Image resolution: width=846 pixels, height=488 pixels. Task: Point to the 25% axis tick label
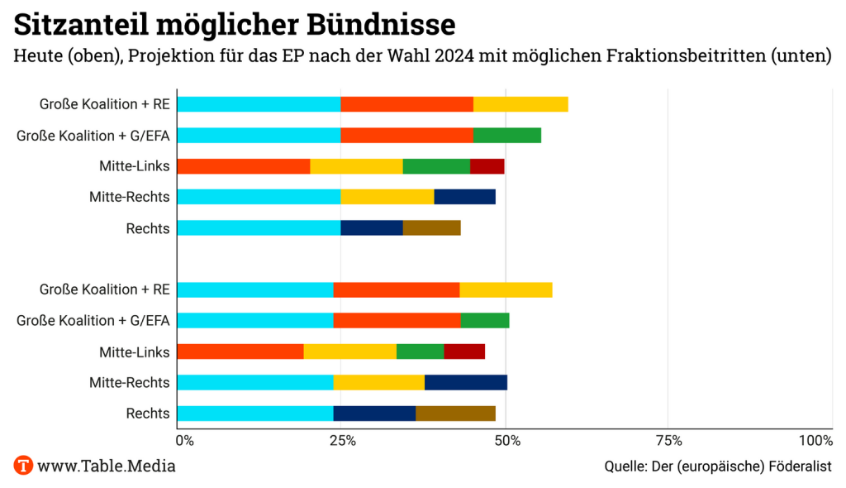(342, 440)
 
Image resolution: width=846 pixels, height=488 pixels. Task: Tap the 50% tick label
(506, 440)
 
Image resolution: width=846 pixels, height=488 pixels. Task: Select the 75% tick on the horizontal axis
(669, 440)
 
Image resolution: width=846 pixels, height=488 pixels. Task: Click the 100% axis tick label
(816, 440)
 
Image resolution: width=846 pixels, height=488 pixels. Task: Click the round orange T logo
(24, 465)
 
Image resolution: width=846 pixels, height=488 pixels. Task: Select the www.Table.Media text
(107, 466)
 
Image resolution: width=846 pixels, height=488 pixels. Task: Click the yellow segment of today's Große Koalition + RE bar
(520, 104)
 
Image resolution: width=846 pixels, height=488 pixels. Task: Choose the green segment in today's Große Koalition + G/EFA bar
(507, 135)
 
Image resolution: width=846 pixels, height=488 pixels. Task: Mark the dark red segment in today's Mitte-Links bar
(487, 166)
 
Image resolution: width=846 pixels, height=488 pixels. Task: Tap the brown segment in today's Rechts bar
(432, 227)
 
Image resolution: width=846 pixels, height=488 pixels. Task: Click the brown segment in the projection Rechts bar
(455, 414)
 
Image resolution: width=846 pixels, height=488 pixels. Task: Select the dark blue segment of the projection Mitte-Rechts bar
(466, 382)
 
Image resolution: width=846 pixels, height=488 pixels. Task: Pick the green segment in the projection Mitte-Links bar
(421, 352)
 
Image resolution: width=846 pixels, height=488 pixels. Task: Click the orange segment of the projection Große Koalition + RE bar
(397, 289)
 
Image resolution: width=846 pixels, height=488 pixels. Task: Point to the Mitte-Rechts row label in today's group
(130, 197)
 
